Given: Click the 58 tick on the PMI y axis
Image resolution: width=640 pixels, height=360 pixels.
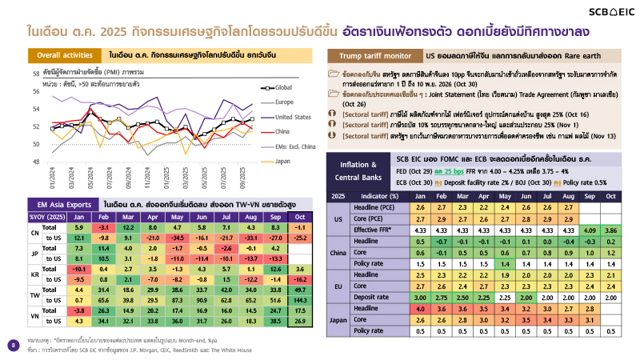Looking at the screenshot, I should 36,74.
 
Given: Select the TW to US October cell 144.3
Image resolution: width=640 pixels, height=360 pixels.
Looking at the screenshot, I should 302,299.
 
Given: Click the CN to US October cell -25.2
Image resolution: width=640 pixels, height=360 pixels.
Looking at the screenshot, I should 302,238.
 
